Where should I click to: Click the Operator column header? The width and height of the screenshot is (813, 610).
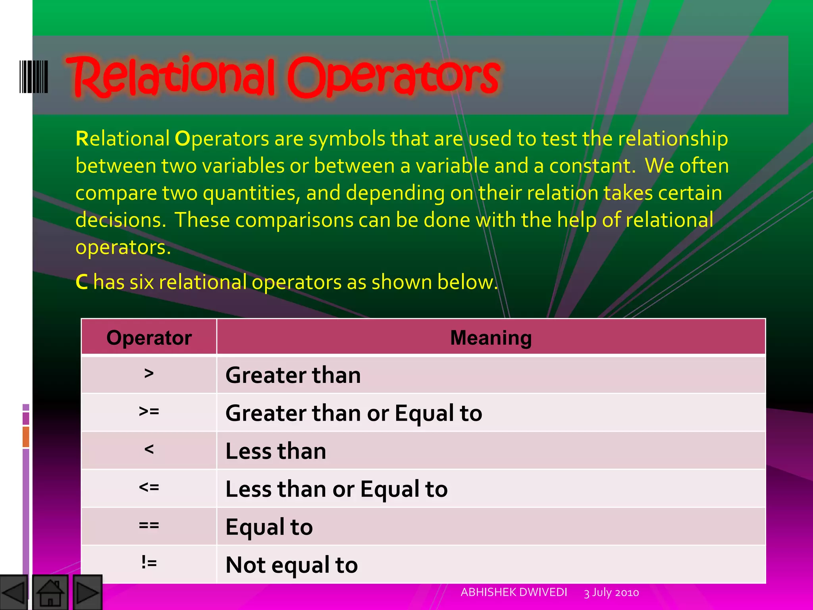click(x=149, y=338)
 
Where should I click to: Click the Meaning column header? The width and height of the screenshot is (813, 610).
click(x=491, y=338)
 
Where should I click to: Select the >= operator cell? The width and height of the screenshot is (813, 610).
click(x=149, y=412)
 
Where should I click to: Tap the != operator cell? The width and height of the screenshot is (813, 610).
click(x=149, y=563)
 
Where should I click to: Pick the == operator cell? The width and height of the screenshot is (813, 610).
click(x=149, y=526)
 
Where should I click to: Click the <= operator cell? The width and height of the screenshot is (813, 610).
click(x=149, y=488)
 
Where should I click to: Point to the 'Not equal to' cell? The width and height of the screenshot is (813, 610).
click(x=292, y=565)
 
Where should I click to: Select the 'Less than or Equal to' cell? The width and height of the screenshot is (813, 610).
click(x=337, y=489)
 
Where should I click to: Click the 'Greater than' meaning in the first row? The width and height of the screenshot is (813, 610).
click(x=293, y=375)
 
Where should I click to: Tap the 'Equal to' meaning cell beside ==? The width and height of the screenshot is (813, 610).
click(x=269, y=527)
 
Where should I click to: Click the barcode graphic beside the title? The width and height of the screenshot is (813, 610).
click(x=34, y=77)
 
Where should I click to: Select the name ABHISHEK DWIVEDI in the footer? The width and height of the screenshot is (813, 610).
click(x=514, y=593)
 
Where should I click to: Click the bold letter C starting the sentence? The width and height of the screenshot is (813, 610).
click(x=82, y=282)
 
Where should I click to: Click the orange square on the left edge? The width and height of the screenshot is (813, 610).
click(x=26, y=436)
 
